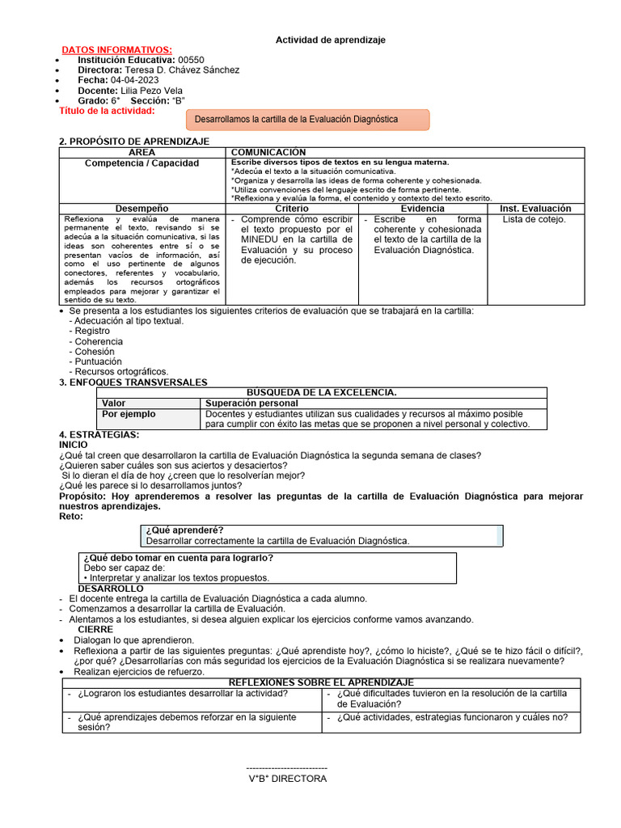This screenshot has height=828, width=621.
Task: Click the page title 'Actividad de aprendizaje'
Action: click(331, 40)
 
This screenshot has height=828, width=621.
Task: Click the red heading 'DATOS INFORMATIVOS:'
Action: click(117, 50)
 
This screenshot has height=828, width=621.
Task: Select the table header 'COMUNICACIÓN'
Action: click(268, 153)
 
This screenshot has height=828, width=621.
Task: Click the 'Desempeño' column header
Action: click(142, 209)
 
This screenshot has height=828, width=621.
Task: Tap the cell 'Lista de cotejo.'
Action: click(534, 219)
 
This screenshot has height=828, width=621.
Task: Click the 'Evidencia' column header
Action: click(423, 209)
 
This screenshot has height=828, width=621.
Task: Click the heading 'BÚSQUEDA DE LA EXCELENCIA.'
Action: click(321, 392)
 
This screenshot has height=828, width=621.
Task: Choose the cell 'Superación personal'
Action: click(251, 403)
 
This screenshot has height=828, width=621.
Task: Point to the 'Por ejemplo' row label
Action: click(129, 414)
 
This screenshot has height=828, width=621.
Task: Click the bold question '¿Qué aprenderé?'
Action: click(173, 530)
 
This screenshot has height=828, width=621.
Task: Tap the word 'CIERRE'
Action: click(95, 629)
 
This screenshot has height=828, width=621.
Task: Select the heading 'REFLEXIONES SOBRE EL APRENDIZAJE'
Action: click(321, 683)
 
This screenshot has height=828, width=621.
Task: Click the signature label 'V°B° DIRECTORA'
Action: click(287, 779)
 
